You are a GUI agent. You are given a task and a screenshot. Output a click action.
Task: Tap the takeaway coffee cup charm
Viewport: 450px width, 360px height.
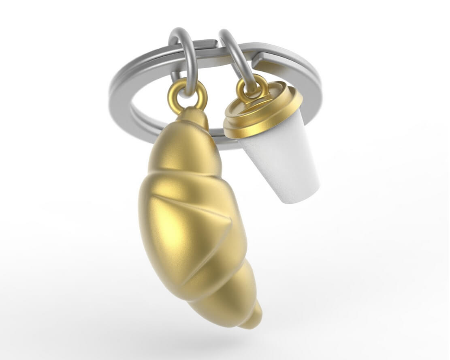coord(275,142)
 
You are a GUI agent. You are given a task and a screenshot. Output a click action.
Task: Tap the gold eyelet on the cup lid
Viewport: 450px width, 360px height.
coord(252,87)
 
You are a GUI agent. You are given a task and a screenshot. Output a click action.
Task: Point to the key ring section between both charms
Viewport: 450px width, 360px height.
coord(211,44)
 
